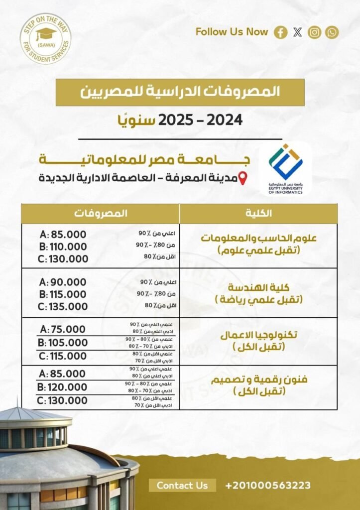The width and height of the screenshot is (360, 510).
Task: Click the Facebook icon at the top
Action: [x=281, y=32]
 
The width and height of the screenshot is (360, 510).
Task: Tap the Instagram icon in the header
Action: [x=314, y=32]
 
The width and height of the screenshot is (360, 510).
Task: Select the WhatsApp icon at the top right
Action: [x=332, y=32]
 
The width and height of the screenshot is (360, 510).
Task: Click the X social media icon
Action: [x=298, y=32]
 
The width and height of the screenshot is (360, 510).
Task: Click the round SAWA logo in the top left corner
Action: [x=45, y=38]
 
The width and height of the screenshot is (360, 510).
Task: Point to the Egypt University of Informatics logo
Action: [x=285, y=169]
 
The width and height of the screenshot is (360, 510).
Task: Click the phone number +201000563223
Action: [x=268, y=485]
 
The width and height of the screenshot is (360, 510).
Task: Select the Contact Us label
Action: [x=182, y=485]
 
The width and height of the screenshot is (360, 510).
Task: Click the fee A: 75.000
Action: [x=63, y=329]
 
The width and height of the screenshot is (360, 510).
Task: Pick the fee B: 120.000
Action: [x=62, y=387]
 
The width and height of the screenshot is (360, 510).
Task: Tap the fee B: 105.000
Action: [x=63, y=343]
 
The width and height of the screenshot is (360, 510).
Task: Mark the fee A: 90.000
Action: [x=63, y=282]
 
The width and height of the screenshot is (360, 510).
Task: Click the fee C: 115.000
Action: [x=63, y=356]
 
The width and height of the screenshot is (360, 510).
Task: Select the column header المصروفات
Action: [x=101, y=213]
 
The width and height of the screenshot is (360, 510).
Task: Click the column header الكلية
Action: [x=259, y=213]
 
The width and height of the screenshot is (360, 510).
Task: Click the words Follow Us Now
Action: [x=232, y=32]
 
